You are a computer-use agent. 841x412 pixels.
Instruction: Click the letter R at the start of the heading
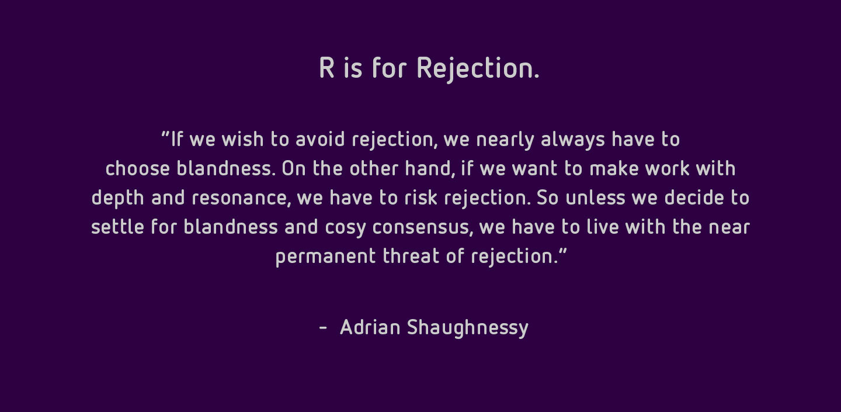tap(326, 68)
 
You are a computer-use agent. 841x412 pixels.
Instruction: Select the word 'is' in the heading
tap(353, 68)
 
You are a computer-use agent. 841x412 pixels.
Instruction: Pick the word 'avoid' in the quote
tap(320, 139)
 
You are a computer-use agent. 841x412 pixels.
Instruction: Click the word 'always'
tap(573, 140)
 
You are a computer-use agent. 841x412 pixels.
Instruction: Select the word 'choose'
tap(137, 168)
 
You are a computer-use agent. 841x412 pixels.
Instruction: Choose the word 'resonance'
tap(241, 198)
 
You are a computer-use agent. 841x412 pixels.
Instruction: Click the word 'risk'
tap(421, 198)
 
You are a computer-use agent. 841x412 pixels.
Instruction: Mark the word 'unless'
tap(596, 198)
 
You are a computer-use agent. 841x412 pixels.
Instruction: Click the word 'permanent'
tap(325, 258)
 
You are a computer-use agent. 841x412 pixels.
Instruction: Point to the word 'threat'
tap(411, 256)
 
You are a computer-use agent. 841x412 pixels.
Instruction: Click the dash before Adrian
tap(323, 328)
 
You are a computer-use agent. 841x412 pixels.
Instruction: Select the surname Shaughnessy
tap(468, 328)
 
